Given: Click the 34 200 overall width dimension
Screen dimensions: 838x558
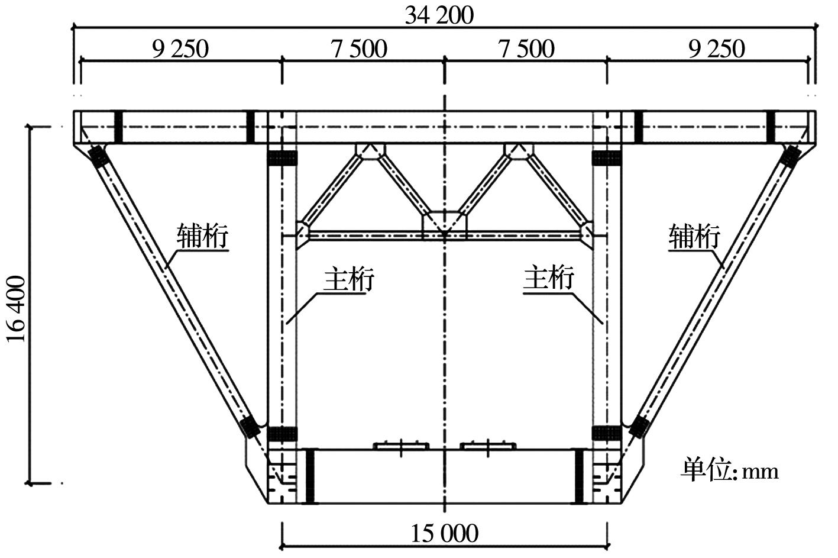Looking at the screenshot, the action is pos(439,16).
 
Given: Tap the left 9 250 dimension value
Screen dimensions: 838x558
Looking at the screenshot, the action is pos(180,49).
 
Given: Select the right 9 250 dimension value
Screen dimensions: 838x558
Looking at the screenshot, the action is pos(716,49).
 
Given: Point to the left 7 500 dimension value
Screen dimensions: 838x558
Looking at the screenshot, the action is pos(359,49).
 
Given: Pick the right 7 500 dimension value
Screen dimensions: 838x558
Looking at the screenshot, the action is pos(526,49).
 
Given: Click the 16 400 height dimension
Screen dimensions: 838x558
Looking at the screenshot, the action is pos(17,309).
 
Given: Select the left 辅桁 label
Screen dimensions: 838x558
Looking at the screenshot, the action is pos(202,236).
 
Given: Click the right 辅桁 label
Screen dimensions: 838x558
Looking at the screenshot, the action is pos(694,236).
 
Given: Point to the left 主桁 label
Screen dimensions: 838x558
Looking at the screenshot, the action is pos(349,279).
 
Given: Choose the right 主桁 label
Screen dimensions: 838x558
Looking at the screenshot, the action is pos(548,279).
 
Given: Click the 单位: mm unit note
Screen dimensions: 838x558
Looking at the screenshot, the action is pos(729,471).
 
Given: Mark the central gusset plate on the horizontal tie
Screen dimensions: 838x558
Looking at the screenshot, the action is pos(445,225).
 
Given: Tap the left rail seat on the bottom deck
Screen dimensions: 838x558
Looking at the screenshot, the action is pos(401,446).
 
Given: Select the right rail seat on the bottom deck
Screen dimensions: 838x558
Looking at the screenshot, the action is pos(488,446).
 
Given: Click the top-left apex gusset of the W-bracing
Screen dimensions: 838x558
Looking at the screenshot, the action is pos(370,151).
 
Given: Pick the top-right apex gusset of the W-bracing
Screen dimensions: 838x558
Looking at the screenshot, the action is pos(519,151).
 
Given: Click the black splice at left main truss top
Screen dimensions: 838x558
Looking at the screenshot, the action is pos(282,158).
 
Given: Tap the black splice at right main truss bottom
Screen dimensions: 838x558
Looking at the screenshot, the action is pos(607,433).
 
